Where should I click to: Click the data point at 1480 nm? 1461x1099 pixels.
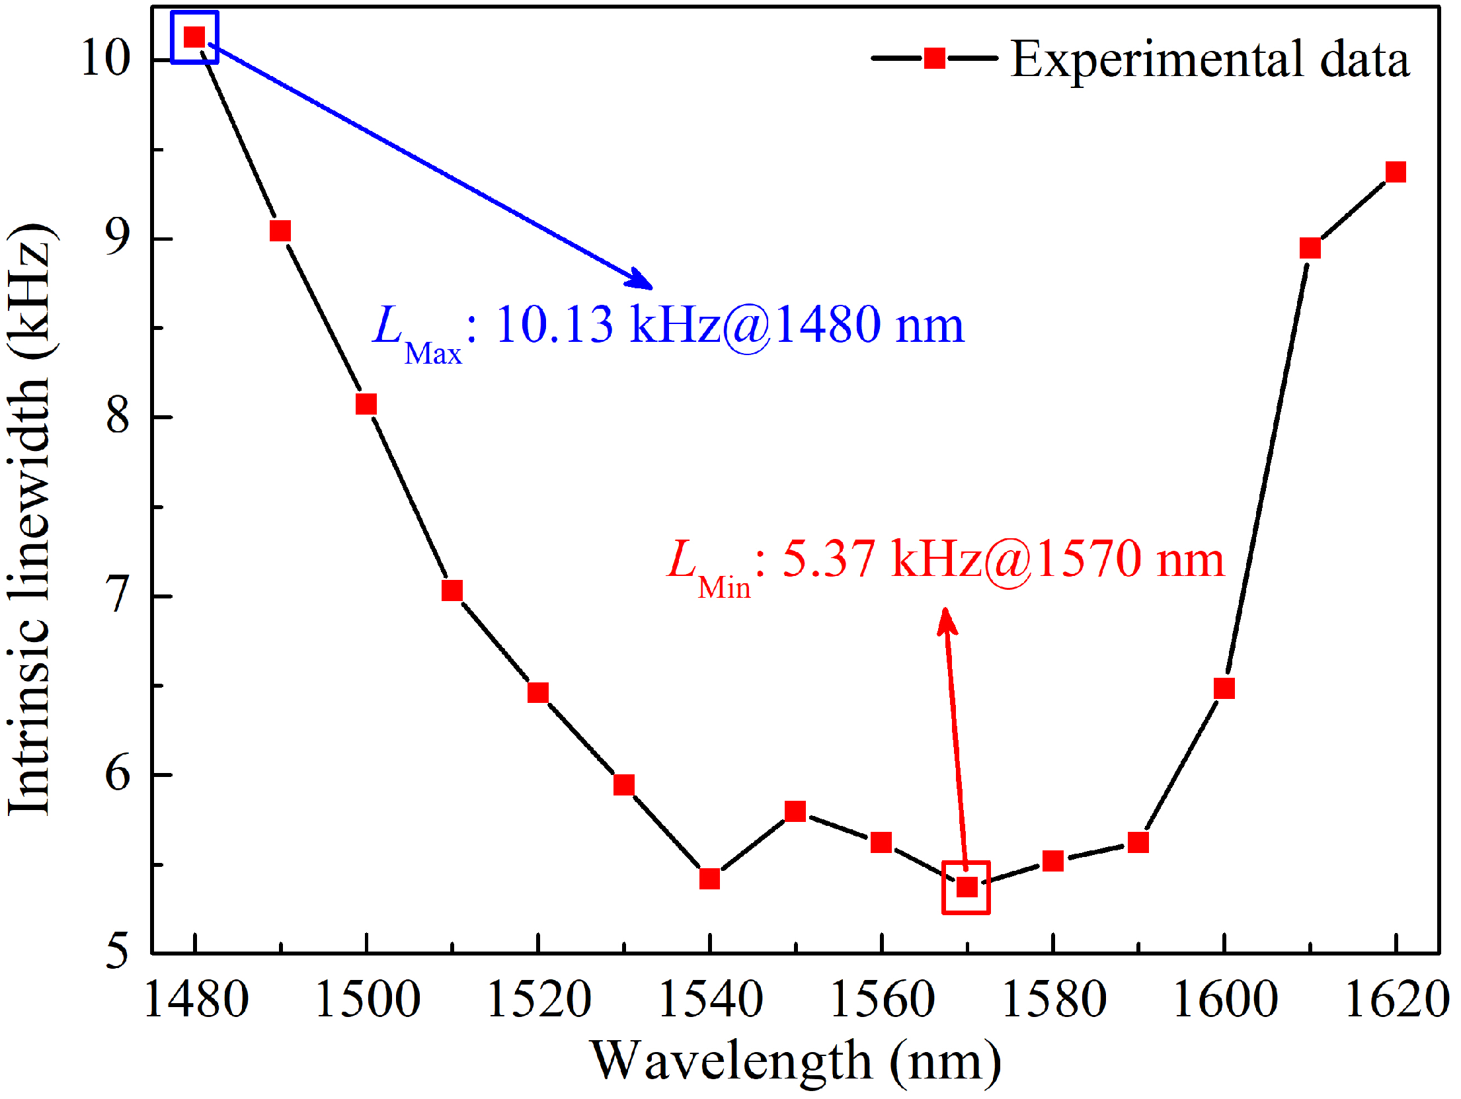194,37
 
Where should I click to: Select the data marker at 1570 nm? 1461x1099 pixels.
967,887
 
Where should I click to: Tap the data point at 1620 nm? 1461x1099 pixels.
1396,172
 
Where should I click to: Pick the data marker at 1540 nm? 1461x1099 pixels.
709,879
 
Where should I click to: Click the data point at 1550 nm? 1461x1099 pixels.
795,811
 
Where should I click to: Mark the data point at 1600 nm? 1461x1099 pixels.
1224,688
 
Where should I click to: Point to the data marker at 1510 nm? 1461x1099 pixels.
452,590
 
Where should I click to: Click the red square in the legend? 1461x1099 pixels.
934,58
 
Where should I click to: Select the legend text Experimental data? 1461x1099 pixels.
1210,60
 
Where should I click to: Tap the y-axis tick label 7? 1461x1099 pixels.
118,595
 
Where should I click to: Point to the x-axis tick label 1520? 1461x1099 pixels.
539,999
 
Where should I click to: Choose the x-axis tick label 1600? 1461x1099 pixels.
1225,999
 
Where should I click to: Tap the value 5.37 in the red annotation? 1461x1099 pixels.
829,559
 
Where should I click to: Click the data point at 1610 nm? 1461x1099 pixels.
1310,248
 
